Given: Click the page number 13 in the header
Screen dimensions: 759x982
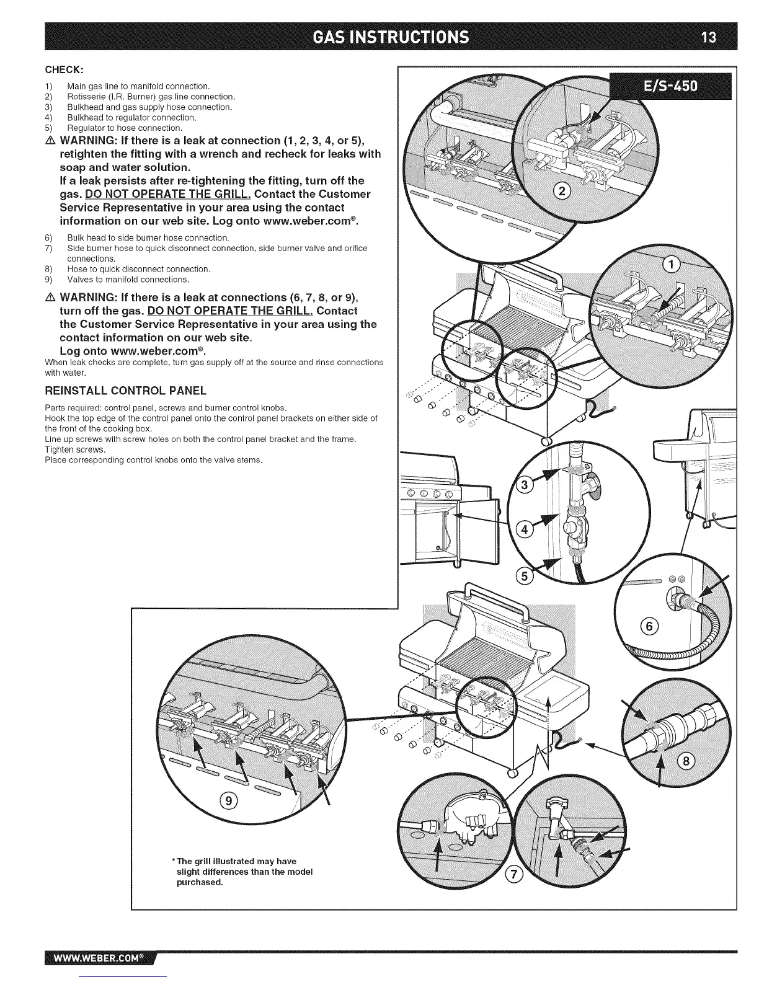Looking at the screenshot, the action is coord(708,37).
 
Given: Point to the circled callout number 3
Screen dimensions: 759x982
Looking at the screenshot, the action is coord(524,485).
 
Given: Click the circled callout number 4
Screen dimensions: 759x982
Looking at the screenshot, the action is coord(524,529).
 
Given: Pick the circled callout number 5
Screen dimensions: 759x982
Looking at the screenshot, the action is coord(525,577).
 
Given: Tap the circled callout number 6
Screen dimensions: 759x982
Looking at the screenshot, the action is coord(649,626).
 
